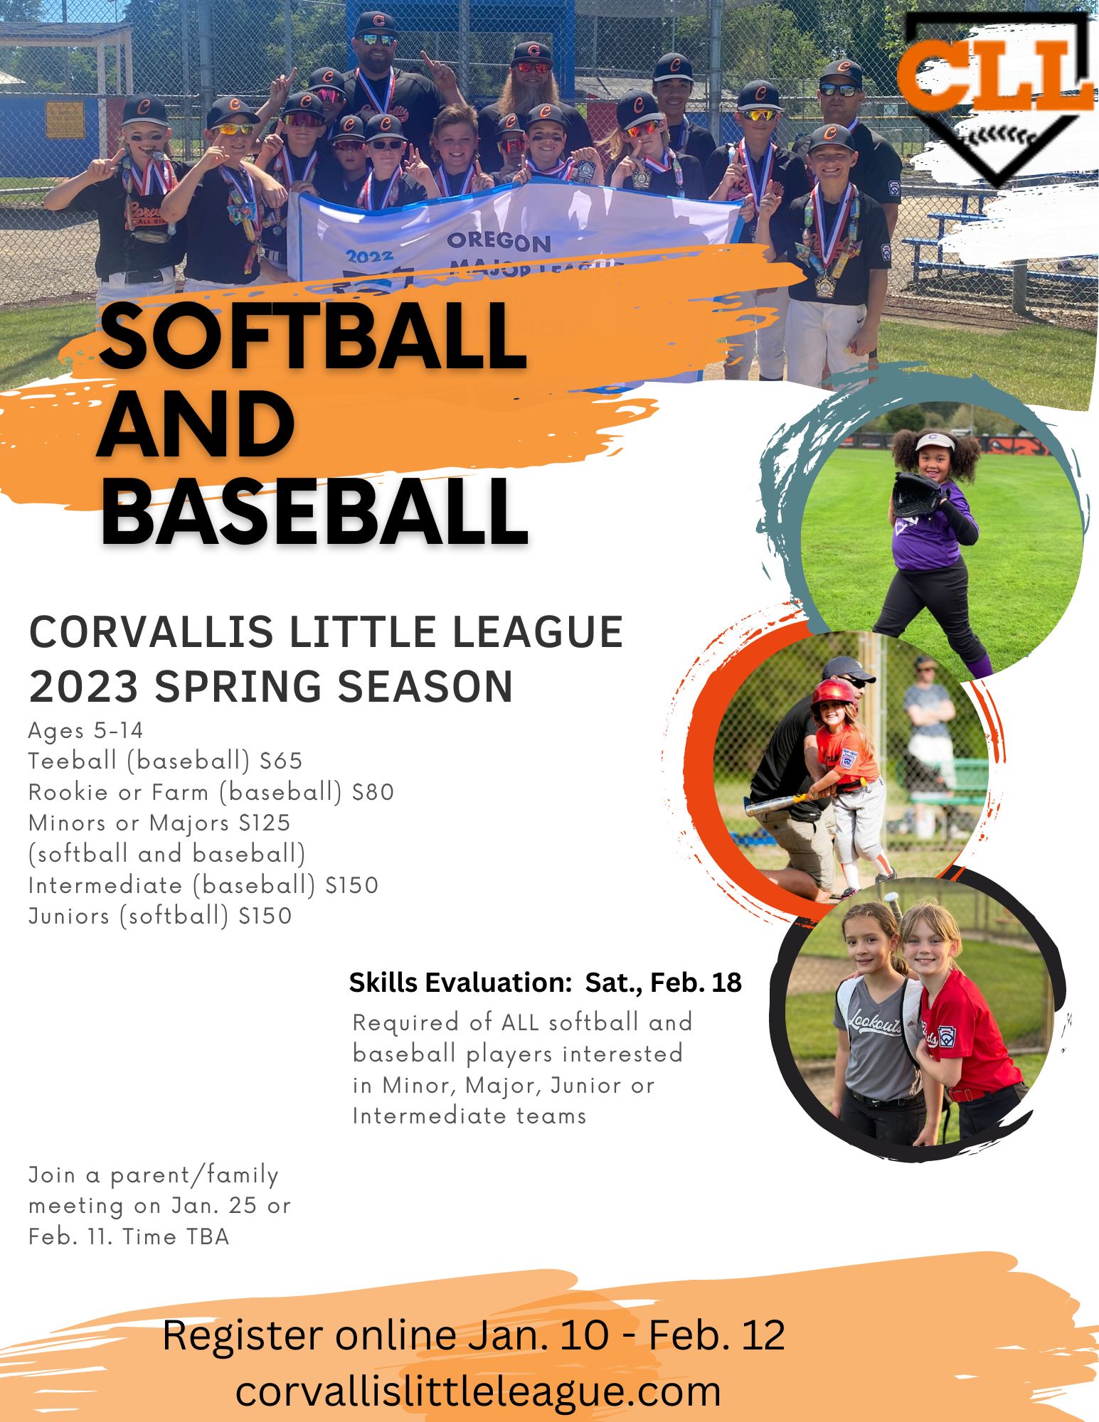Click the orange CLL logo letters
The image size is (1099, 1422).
click(x=994, y=75)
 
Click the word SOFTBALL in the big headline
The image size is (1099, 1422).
click(x=313, y=336)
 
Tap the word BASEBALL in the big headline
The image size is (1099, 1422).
click(x=313, y=510)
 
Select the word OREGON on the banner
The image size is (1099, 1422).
click(x=499, y=242)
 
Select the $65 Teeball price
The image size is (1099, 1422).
click(x=281, y=761)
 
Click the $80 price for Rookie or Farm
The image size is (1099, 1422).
click(x=373, y=792)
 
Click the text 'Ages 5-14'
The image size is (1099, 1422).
click(x=85, y=730)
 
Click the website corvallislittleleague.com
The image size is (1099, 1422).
click(x=478, y=1391)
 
